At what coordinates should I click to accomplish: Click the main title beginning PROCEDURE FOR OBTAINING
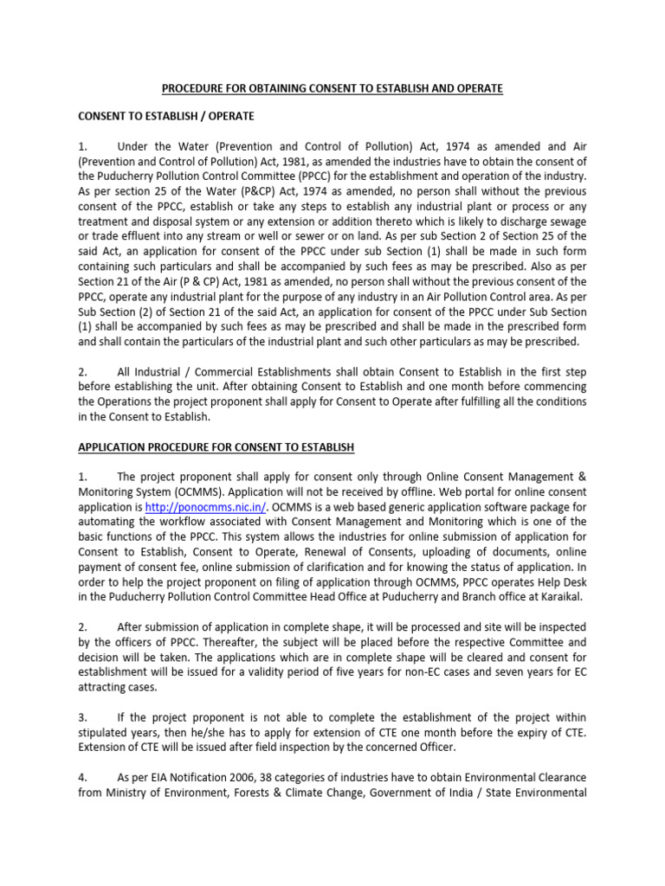(332, 89)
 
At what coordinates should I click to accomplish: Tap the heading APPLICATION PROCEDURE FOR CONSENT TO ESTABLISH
(216, 446)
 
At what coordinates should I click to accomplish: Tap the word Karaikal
(562, 597)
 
